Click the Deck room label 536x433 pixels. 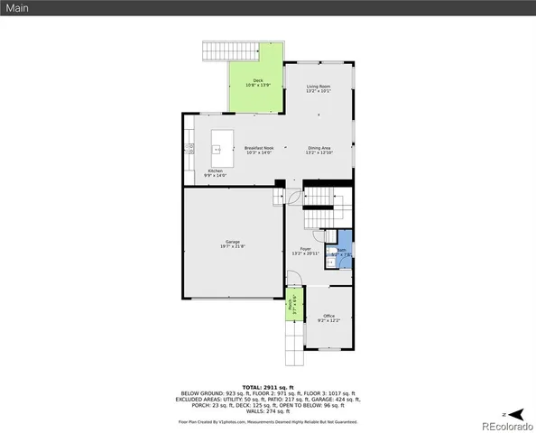click(x=257, y=81)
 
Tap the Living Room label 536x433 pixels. click(x=319, y=87)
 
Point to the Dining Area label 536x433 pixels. click(x=319, y=148)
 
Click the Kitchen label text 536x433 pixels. click(x=215, y=170)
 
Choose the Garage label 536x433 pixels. click(x=232, y=242)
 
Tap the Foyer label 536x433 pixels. click(x=305, y=250)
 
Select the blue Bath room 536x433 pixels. click(x=341, y=253)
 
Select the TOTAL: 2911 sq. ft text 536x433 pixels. click(x=268, y=386)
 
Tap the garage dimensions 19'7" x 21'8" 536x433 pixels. click(x=232, y=245)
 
